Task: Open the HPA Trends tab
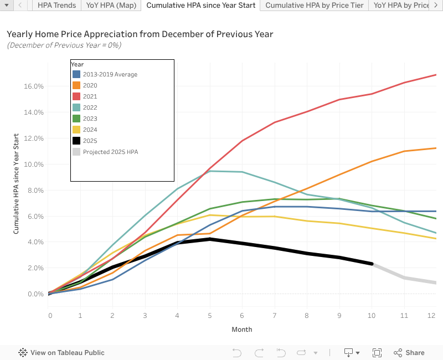click(56, 5)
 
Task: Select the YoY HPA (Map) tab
click(111, 5)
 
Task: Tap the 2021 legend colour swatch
click(76, 96)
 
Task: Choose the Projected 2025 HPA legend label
click(110, 151)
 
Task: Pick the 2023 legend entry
click(90, 118)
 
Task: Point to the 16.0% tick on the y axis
click(34, 86)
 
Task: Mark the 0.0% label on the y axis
click(35, 294)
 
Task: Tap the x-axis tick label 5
click(210, 315)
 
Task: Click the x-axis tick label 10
click(372, 315)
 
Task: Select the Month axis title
click(242, 330)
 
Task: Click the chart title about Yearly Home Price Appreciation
click(140, 34)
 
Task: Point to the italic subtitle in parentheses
click(64, 45)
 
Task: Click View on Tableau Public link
click(67, 352)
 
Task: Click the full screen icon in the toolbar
click(377, 352)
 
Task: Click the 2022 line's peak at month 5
click(210, 171)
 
